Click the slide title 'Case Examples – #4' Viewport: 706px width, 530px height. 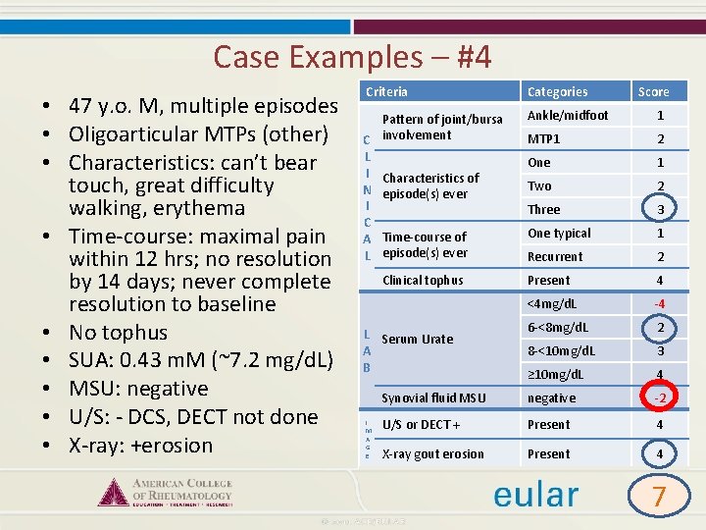(352, 57)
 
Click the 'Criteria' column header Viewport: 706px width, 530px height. (386, 91)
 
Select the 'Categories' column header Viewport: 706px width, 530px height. (557, 91)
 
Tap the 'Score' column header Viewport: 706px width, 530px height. (653, 91)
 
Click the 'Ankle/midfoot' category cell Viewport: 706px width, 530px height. (568, 115)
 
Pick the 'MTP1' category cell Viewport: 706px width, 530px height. (544, 138)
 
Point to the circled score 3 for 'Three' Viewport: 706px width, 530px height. (660, 209)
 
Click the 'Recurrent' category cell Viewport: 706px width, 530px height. (555, 256)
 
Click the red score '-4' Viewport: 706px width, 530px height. (660, 303)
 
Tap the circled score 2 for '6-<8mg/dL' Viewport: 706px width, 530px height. (660, 327)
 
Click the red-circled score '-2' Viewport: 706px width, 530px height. (660, 398)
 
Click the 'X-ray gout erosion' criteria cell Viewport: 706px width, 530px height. (432, 453)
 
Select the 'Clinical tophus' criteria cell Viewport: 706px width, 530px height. (423, 280)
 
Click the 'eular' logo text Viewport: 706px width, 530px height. (535, 494)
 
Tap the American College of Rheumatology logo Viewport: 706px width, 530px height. (166, 490)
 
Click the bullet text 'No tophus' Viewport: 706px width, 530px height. (118, 333)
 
